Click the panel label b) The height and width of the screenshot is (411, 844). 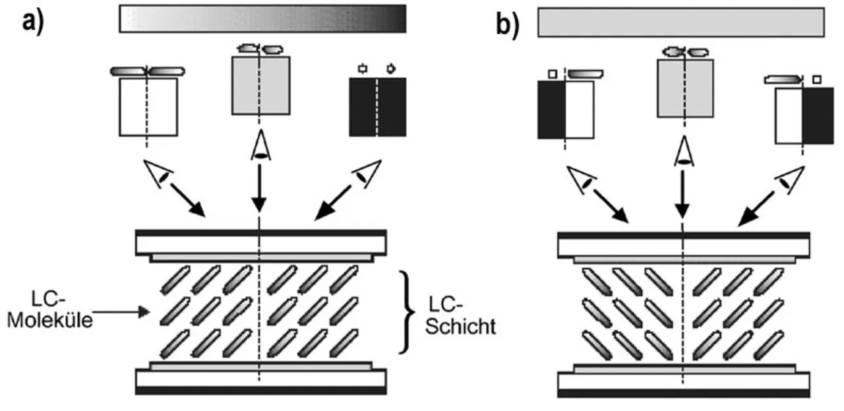point(507,25)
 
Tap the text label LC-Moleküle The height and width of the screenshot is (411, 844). point(49,310)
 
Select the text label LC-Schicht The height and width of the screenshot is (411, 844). point(460,316)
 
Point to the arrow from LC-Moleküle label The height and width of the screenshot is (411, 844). point(121,312)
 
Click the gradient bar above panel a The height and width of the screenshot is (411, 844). point(262,19)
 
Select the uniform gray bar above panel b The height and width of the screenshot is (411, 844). point(681,22)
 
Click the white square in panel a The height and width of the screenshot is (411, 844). point(148,107)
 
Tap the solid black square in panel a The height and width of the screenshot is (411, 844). point(378,107)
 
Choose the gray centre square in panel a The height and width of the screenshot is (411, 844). point(260,86)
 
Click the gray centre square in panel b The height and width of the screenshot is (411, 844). point(685,88)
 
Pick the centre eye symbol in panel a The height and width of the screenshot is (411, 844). point(260,146)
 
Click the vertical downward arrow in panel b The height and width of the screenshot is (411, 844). point(682,194)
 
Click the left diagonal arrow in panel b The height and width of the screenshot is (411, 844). point(611,206)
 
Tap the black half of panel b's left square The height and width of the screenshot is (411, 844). point(552,110)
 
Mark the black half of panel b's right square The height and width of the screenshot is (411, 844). point(818,115)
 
